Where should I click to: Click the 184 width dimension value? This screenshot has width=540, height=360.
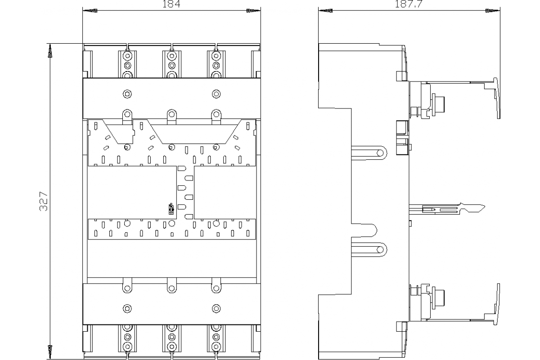click(x=171, y=4)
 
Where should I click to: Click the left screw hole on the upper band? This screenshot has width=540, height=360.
click(x=127, y=94)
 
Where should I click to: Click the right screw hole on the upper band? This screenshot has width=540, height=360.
click(x=216, y=94)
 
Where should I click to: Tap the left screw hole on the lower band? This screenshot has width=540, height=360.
click(x=127, y=309)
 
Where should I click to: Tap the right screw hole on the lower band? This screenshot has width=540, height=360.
click(x=216, y=309)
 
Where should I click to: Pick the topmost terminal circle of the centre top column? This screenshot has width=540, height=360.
click(x=171, y=56)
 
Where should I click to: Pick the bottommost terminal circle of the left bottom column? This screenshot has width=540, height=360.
click(x=127, y=347)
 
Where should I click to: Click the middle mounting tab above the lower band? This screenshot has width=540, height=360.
click(x=171, y=287)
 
